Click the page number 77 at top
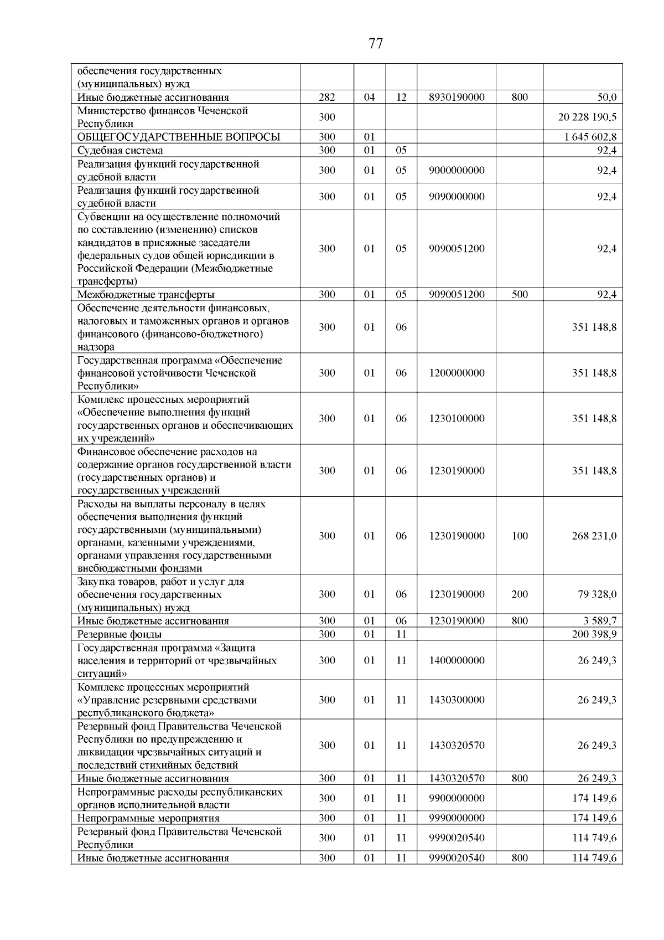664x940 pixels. tap(375, 44)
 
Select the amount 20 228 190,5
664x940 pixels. tap(588, 117)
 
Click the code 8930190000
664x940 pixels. tap(456, 97)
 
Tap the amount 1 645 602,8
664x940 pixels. tap(590, 137)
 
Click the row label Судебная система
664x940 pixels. tap(120, 150)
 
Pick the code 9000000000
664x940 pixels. tap(456, 170)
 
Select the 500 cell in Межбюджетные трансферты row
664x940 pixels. tap(520, 294)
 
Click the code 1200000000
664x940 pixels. tap(456, 373)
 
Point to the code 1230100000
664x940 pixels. tap(456, 418)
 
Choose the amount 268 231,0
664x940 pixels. tap(594, 536)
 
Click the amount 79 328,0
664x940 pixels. tap(597, 594)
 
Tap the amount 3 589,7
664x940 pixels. tap(599, 621)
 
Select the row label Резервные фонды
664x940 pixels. tap(120, 634)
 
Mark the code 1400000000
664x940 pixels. tap(456, 660)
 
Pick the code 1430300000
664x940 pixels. tap(456, 700)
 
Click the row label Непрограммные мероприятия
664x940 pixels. tap(148, 818)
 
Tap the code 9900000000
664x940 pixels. tap(456, 798)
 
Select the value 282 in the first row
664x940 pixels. tap(327, 97)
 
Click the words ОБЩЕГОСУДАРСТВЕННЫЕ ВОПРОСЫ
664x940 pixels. tap(179, 137)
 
